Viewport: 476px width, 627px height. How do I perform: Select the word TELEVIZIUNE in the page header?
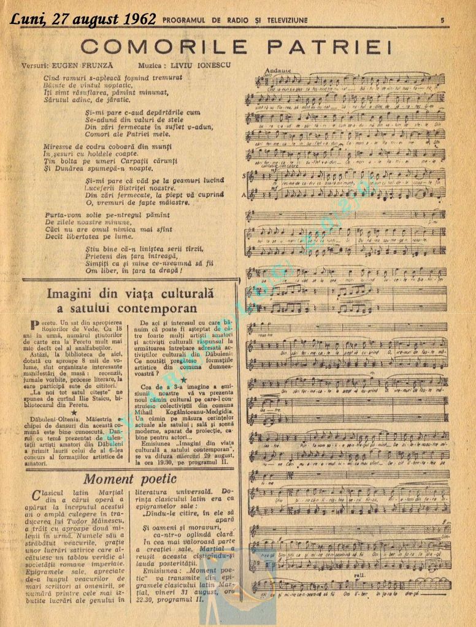282,20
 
